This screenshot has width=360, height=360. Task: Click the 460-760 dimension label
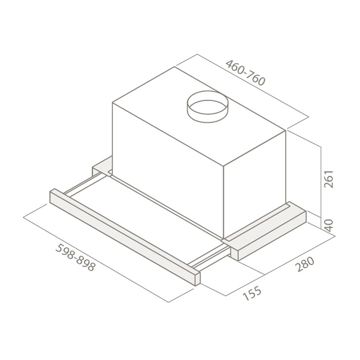pyautogui.click(x=245, y=73)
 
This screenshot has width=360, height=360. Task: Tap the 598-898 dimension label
pyautogui.click(x=75, y=257)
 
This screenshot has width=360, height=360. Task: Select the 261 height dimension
pyautogui.click(x=328, y=179)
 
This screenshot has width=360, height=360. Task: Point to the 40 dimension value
pyautogui.click(x=329, y=225)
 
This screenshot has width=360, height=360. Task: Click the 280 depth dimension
pyautogui.click(x=305, y=264)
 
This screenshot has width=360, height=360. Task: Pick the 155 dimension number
pyautogui.click(x=252, y=293)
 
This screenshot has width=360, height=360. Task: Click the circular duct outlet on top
pyautogui.click(x=208, y=107)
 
